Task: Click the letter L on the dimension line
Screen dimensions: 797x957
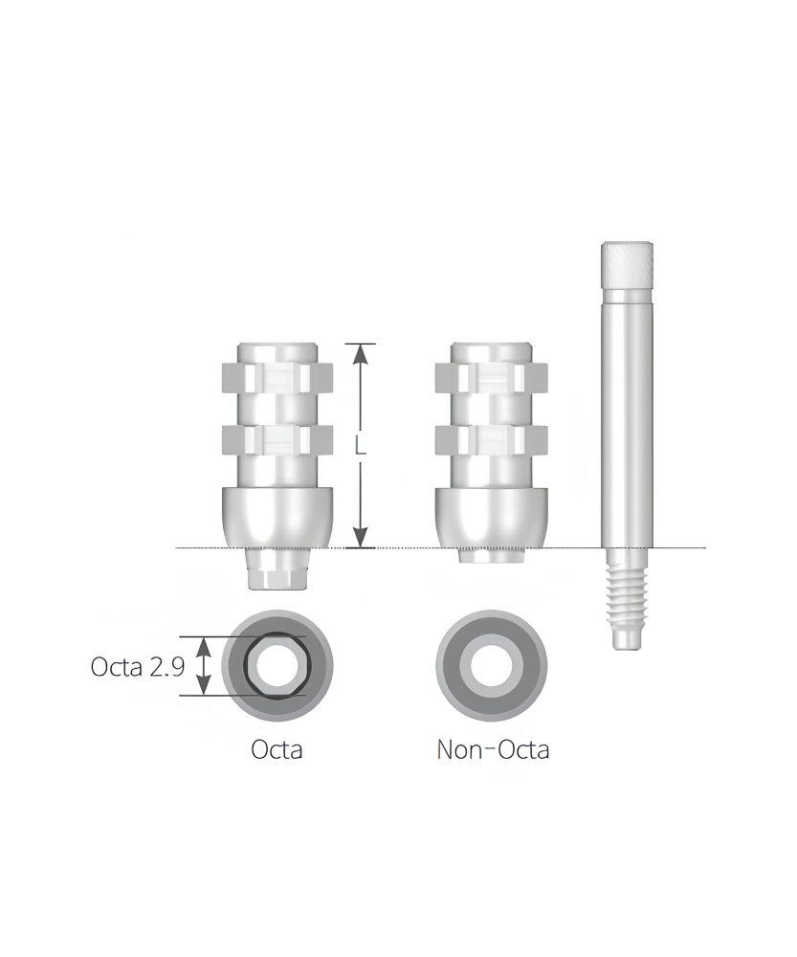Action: point(361,447)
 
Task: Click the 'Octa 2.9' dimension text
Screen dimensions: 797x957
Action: point(138,666)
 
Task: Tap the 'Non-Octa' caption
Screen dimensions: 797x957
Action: point(493,749)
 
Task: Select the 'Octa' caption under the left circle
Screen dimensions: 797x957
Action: point(277,749)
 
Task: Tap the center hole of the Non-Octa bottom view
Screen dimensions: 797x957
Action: point(492,666)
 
